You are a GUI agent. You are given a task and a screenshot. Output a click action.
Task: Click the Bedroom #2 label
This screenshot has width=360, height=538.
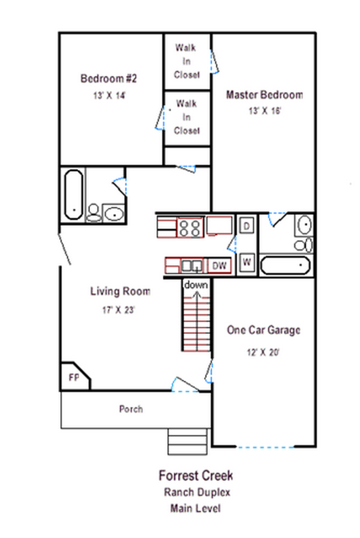click(x=109, y=78)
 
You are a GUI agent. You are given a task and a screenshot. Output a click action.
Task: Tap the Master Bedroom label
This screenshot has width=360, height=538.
click(x=264, y=95)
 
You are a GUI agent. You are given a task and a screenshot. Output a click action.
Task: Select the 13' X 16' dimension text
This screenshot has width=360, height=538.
click(x=265, y=111)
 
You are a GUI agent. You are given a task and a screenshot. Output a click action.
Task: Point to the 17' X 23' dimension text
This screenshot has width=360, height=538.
click(x=118, y=310)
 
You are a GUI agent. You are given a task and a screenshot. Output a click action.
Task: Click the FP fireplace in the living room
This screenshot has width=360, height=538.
click(x=74, y=376)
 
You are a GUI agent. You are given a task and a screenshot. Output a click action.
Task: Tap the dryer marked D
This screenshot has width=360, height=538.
click(x=246, y=226)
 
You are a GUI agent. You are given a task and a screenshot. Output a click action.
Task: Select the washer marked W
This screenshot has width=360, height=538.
click(x=246, y=263)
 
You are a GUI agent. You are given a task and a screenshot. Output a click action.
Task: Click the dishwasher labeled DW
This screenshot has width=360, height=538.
click(x=219, y=265)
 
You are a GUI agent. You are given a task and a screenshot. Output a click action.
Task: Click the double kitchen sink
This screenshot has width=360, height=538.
click(x=192, y=265)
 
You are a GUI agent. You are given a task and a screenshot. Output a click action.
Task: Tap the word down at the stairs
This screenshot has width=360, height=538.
click(x=196, y=285)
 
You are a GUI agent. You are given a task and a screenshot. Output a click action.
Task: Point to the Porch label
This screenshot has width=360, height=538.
click(x=131, y=409)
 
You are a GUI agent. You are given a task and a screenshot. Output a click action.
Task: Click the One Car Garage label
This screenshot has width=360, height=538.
click(x=264, y=330)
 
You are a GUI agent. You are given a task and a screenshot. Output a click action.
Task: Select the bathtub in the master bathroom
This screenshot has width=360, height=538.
click(x=285, y=265)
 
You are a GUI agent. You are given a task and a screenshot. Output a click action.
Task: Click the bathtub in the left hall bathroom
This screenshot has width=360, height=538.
click(x=74, y=195)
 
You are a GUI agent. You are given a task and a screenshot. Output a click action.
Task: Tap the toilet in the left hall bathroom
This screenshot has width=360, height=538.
click(x=94, y=212)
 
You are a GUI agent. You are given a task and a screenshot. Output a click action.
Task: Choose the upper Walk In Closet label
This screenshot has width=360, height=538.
click(x=186, y=61)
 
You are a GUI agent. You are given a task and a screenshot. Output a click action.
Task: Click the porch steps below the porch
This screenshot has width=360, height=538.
click(x=188, y=442)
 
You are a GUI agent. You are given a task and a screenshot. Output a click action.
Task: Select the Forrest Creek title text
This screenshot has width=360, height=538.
click(x=196, y=476)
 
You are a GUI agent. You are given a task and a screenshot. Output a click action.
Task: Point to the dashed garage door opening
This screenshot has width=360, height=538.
click(x=265, y=447)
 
